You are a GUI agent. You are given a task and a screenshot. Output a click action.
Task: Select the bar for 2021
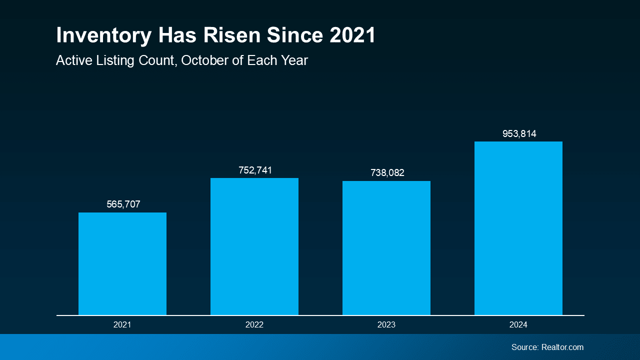[x=122, y=263]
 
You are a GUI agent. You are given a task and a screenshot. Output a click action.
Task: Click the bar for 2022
[x=254, y=246]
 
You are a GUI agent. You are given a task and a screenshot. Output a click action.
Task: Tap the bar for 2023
[x=386, y=248]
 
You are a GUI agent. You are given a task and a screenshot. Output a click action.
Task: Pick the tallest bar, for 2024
[x=518, y=228]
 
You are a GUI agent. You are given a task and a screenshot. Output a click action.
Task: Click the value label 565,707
[x=123, y=204]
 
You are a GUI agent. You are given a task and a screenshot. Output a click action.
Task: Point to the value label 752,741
[x=255, y=170]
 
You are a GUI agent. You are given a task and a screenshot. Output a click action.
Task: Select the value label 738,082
[x=387, y=173]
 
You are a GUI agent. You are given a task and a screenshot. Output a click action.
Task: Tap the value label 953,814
[x=519, y=134]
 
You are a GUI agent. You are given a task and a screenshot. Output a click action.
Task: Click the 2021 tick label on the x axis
[x=122, y=325]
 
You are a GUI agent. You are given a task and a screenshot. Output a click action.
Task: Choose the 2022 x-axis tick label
[x=254, y=325]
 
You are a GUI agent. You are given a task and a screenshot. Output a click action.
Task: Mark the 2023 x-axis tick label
[x=386, y=325]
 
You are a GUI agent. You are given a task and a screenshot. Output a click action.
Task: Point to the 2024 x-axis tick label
[x=518, y=325]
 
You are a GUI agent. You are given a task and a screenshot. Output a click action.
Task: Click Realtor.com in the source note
[x=562, y=347]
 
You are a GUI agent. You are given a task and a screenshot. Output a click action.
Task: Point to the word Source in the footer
[x=524, y=347]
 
